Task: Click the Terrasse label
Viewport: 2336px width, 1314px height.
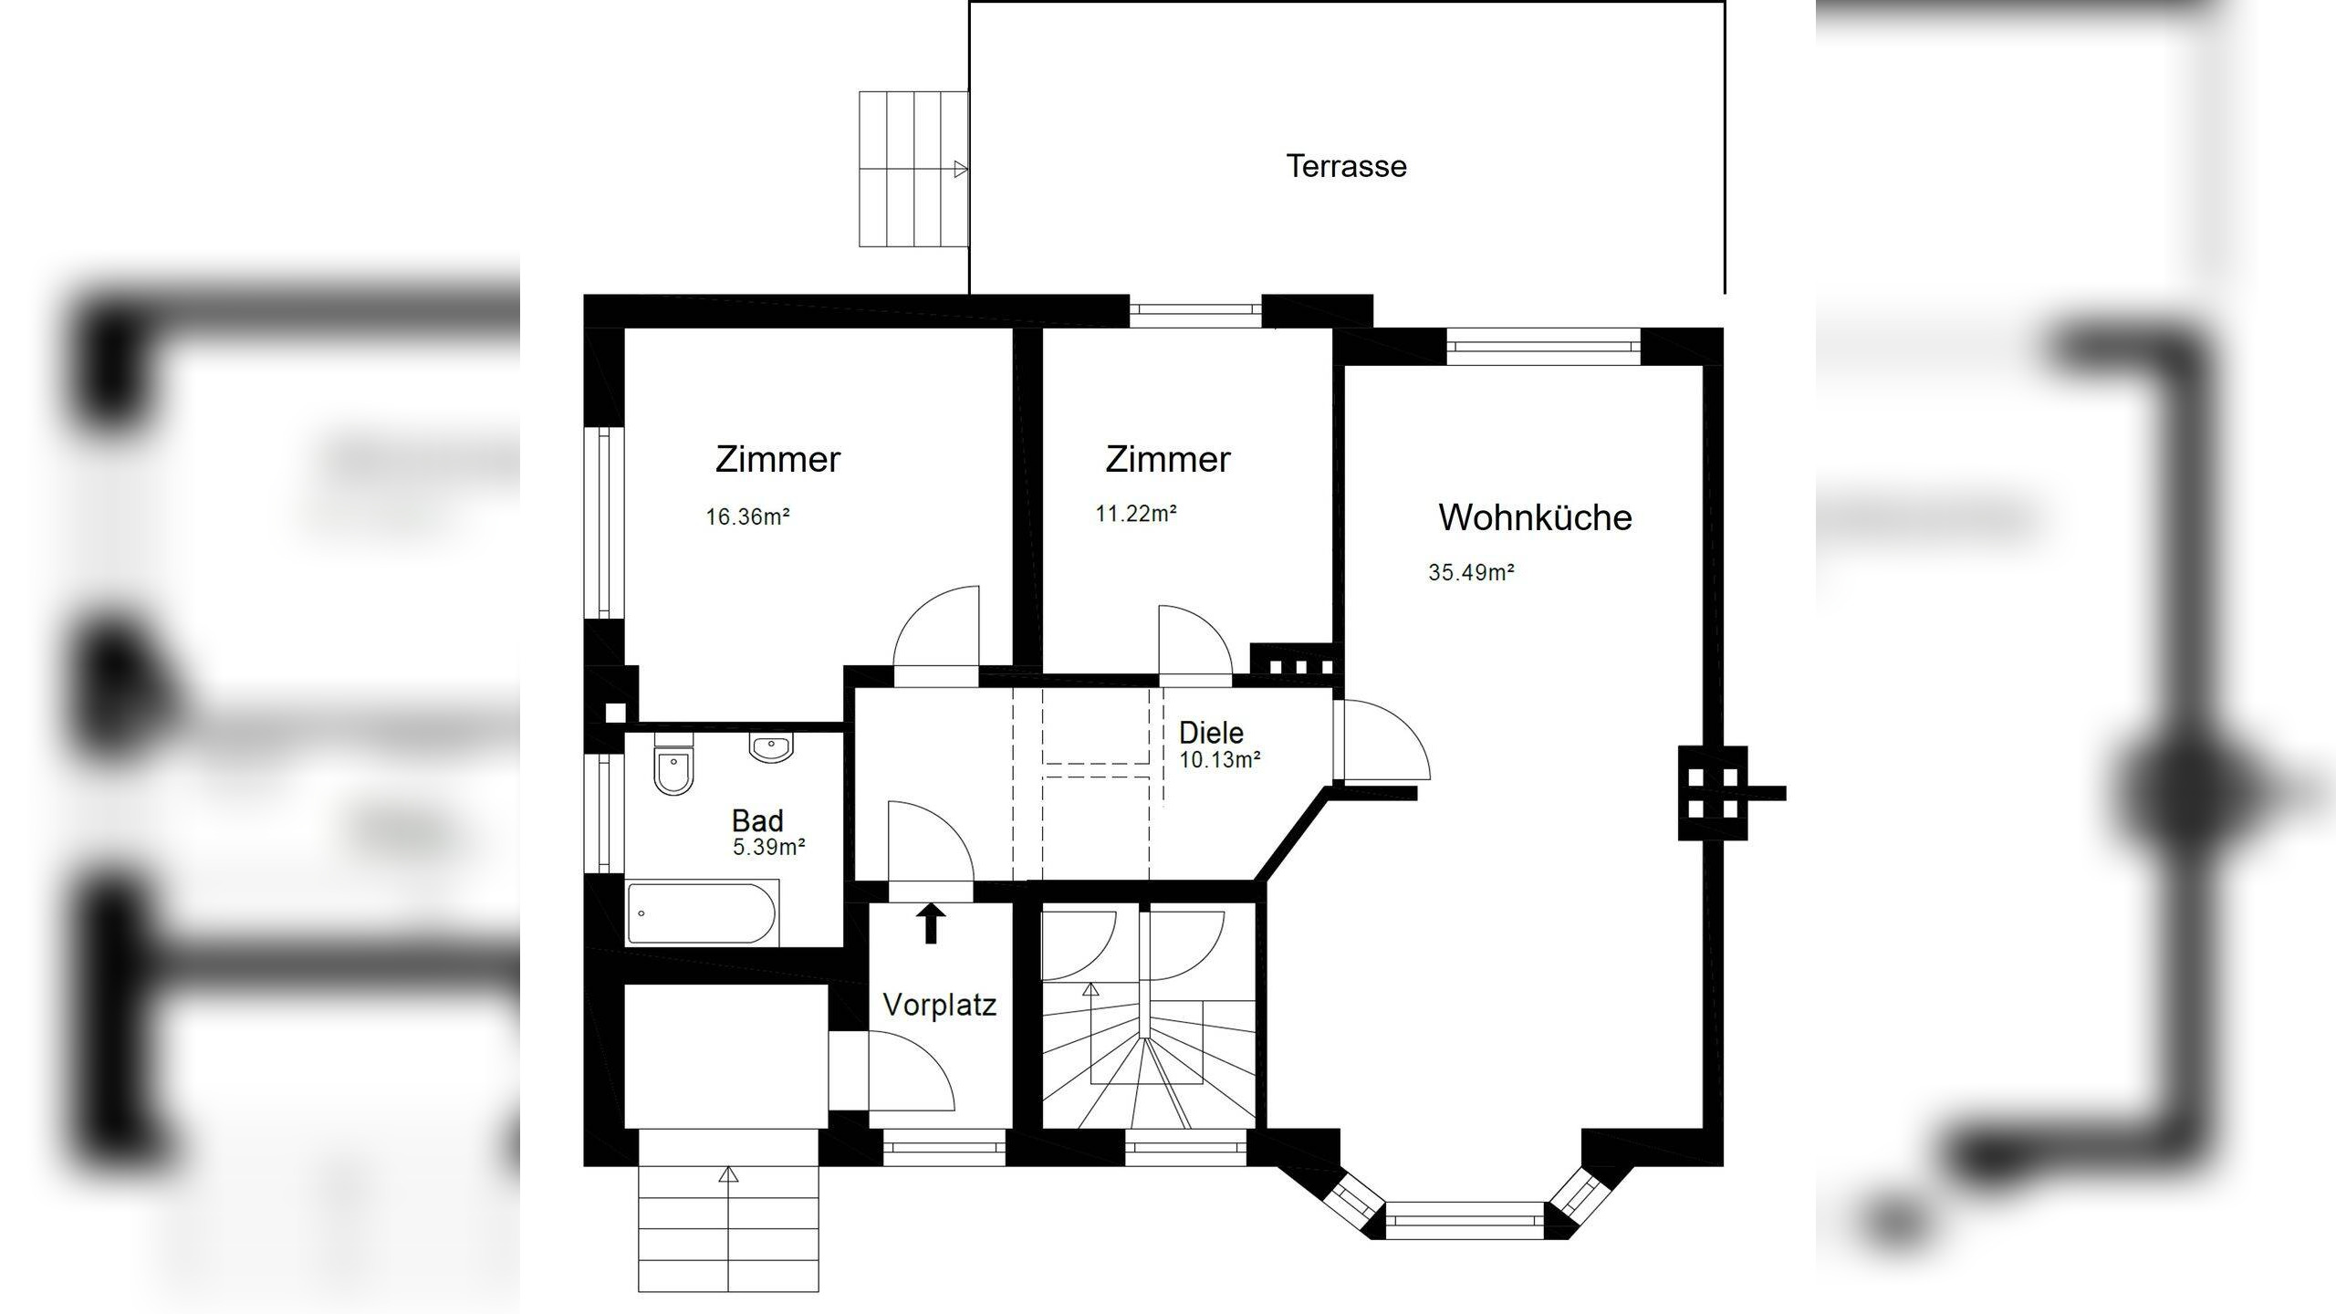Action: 1346,167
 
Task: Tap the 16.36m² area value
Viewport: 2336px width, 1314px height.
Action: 746,516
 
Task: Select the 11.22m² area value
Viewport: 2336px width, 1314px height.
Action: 1135,514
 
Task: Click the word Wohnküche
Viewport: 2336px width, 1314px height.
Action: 1534,517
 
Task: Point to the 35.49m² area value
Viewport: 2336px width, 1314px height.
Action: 1470,572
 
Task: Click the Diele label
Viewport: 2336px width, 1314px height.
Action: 1211,733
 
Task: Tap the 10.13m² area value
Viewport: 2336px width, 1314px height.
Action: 1219,759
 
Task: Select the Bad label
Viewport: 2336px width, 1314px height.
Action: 757,820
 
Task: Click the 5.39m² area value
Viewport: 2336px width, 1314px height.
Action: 768,847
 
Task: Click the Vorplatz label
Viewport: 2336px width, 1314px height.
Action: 939,1006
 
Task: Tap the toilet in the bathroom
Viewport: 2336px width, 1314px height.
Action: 673,772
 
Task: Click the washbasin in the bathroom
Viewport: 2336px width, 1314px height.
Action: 771,747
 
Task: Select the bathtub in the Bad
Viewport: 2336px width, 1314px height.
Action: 702,912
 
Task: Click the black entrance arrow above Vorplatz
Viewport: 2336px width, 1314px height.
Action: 931,923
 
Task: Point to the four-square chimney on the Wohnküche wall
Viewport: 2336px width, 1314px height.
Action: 1712,793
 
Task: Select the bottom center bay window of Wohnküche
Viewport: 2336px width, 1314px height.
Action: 1464,1221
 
